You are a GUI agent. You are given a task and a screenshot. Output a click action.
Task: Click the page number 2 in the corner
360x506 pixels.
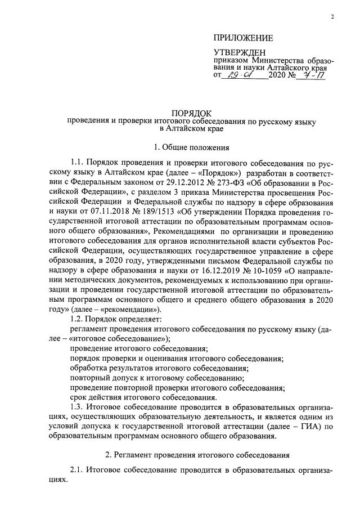[332, 16]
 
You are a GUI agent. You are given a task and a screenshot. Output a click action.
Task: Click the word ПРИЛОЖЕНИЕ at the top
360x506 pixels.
[242, 38]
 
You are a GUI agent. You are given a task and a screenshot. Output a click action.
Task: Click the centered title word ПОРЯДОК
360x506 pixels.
[192, 113]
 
